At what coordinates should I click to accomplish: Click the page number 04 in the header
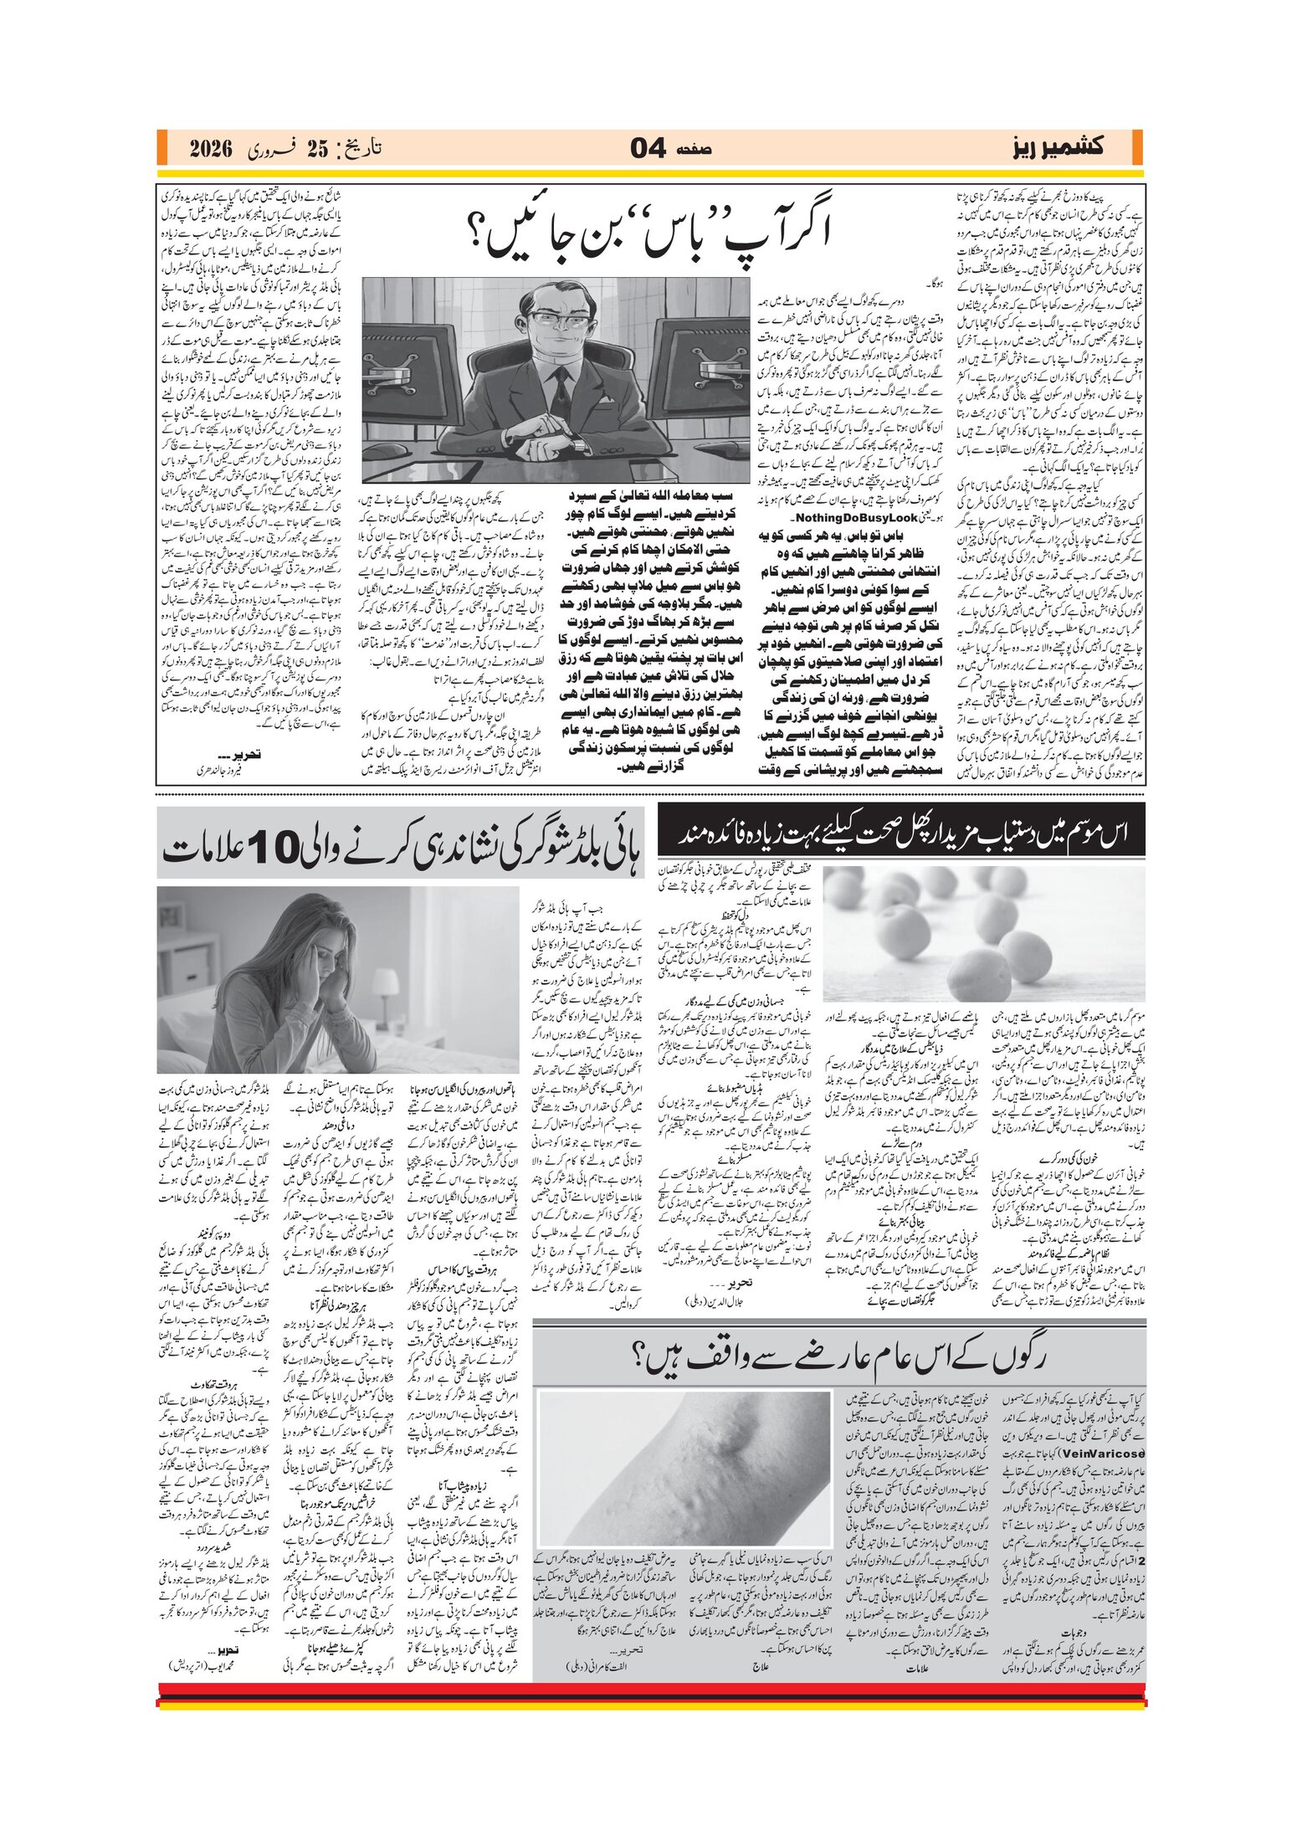(648, 149)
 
